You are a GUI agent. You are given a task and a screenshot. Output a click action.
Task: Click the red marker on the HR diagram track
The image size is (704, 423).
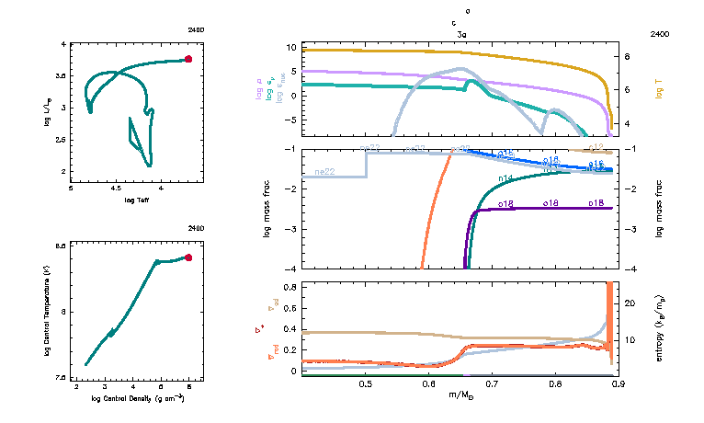[x=188, y=59]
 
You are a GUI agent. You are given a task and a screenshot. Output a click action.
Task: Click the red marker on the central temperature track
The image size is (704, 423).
[x=188, y=258]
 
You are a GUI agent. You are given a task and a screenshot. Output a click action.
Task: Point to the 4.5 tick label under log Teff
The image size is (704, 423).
[x=115, y=189]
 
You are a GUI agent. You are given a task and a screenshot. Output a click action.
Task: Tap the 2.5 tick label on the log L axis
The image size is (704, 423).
[x=63, y=140]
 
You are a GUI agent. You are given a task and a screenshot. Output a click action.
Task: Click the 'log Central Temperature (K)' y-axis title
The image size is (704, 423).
[x=47, y=312]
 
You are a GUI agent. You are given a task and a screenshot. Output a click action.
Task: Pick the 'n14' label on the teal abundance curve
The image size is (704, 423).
[x=505, y=177]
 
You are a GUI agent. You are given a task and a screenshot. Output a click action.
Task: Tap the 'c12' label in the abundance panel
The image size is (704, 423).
[x=596, y=147]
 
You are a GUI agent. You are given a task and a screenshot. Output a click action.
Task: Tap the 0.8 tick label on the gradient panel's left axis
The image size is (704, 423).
[x=289, y=288]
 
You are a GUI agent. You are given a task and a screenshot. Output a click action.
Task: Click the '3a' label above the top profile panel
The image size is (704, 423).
[x=462, y=33]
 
